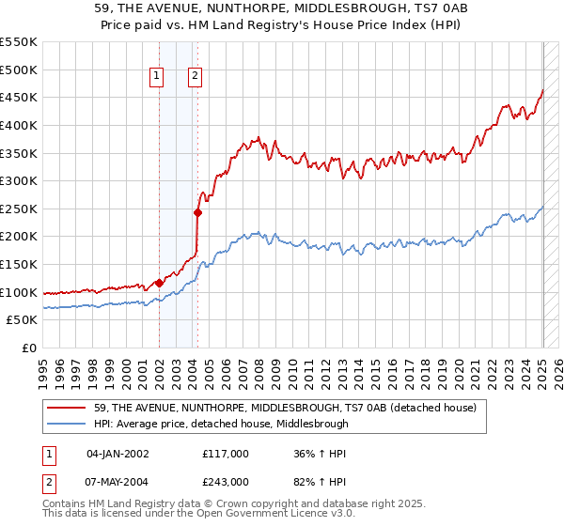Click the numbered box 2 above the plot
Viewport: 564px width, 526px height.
tap(195, 78)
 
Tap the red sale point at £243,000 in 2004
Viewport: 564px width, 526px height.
tap(198, 212)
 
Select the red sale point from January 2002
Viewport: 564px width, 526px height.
tap(159, 283)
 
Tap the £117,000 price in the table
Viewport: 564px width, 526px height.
tap(226, 454)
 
